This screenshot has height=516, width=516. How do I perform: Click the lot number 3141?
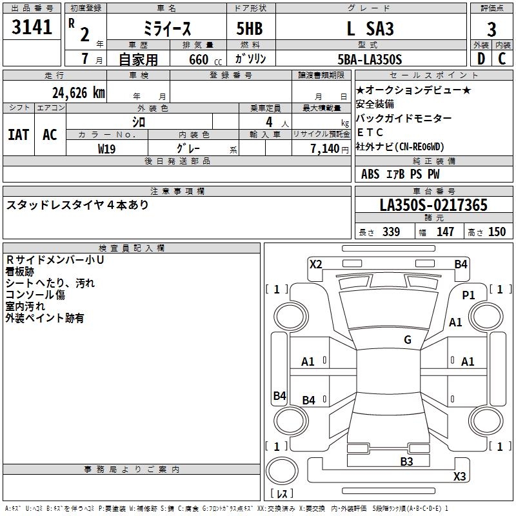pyautogui.click(x=32, y=28)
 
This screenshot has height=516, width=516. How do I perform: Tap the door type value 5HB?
pyautogui.click(x=244, y=30)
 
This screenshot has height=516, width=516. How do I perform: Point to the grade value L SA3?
pyautogui.click(x=370, y=29)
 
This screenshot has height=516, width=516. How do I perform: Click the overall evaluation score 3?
pyautogui.click(x=491, y=30)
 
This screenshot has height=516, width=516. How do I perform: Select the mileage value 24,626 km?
pyautogui.click(x=78, y=93)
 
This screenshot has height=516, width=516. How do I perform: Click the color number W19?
pyautogui.click(x=107, y=148)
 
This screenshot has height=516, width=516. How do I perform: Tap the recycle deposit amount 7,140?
pyautogui.click(x=329, y=148)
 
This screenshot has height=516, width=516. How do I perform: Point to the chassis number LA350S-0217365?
pyautogui.click(x=433, y=206)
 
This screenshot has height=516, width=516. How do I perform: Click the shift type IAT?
pyautogui.click(x=18, y=135)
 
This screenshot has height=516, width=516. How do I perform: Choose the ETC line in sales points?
pyautogui.click(x=370, y=132)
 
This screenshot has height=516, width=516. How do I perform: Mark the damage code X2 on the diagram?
pyautogui.click(x=315, y=264)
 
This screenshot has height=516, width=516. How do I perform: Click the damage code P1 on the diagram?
pyautogui.click(x=468, y=295)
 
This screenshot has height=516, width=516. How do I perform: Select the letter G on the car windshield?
pyautogui.click(x=407, y=340)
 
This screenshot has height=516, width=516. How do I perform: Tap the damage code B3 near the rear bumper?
pyautogui.click(x=406, y=461)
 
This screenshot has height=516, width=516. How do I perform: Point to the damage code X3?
pyautogui.click(x=459, y=477)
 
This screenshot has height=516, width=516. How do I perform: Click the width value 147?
pyautogui.click(x=445, y=232)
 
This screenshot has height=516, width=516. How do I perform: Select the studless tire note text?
pyautogui.click(x=77, y=205)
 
